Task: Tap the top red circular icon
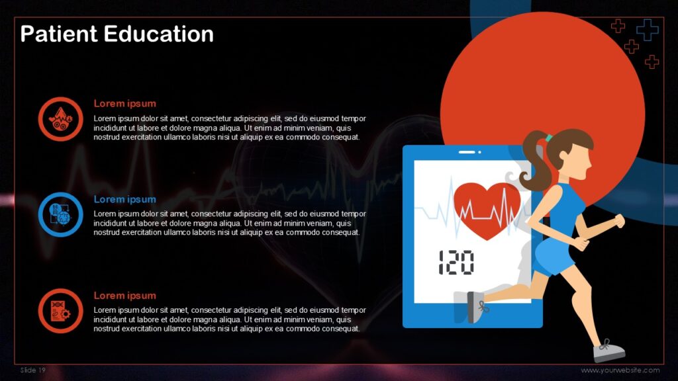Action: [x=60, y=119]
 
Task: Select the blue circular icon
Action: [x=60, y=214]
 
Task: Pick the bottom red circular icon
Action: [x=60, y=310]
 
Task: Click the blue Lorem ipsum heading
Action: [x=124, y=199]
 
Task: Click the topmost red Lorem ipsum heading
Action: [x=124, y=103]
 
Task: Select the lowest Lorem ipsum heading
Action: [x=124, y=295]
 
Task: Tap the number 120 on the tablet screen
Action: [x=456, y=263]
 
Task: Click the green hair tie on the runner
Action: [x=548, y=138]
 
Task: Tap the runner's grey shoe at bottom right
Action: [x=608, y=351]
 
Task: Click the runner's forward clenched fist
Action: [x=620, y=221]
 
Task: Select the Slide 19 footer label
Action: [x=33, y=370]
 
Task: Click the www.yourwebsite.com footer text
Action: [x=620, y=370]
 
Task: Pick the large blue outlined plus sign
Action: [x=647, y=29]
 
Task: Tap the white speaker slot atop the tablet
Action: [x=467, y=152]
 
